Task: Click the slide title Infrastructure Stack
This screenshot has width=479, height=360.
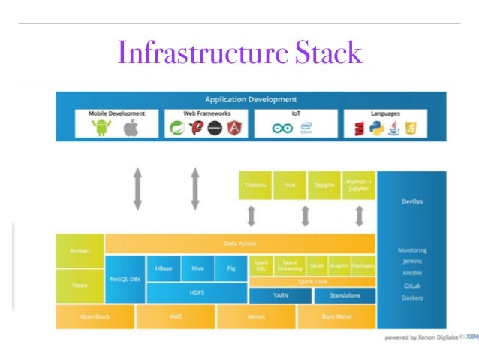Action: tap(239, 53)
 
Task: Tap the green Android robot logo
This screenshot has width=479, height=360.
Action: tap(101, 128)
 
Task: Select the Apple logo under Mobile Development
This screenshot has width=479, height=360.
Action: tap(131, 128)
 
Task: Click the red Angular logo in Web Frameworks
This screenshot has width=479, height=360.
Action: tap(235, 128)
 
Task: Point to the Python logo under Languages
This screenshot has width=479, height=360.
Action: tap(375, 128)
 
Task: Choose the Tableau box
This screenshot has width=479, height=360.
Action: tap(255, 185)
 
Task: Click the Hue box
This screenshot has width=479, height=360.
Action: tap(289, 185)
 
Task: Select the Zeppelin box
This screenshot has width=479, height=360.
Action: tap(324, 185)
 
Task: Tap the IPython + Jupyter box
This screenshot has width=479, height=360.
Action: tap(358, 185)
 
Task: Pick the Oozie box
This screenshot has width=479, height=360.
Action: tap(80, 286)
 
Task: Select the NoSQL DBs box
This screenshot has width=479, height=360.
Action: tap(125, 279)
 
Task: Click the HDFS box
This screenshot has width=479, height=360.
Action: tap(197, 293)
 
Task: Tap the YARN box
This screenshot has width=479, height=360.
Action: tap(280, 295)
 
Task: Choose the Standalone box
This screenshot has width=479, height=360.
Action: tap(345, 295)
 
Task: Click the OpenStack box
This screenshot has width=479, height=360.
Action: tap(95, 316)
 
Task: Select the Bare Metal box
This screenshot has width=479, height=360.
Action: tap(336, 316)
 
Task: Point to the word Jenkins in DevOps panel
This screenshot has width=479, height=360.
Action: tap(411, 262)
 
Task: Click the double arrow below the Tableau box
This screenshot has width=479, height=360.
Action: tap(252, 216)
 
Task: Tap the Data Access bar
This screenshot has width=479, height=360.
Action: tap(239, 243)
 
